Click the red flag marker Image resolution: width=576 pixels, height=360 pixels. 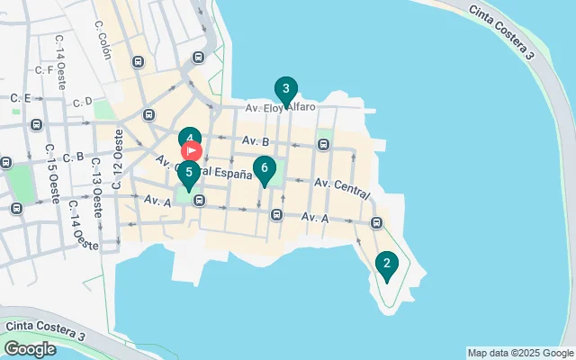[193, 151]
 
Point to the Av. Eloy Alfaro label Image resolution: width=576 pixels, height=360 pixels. [281, 108]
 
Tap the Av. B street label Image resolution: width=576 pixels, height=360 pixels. [256, 141]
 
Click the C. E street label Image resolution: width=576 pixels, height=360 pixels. [21, 97]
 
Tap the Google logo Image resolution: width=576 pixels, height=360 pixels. [30, 349]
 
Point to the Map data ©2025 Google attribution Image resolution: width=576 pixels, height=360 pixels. [520, 353]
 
